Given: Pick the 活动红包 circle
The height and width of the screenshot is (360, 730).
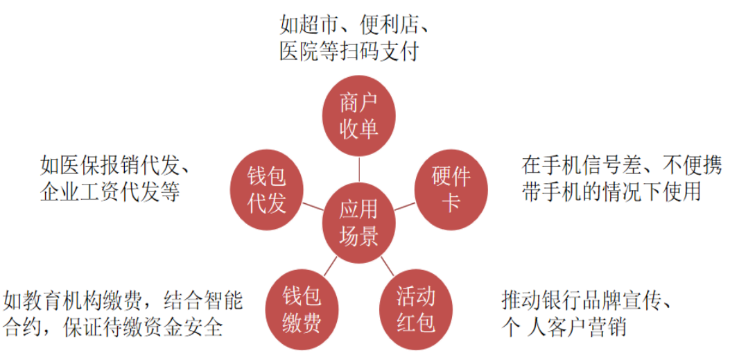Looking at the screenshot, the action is pos(416,309).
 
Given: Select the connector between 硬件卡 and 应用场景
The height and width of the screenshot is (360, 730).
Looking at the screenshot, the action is pos(405,207).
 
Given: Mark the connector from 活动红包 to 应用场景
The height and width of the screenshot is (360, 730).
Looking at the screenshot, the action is pos(388,266).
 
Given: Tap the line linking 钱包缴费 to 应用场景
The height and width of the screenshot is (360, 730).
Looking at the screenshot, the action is pos(330,266).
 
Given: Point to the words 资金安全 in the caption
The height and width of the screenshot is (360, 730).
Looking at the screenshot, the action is pos(180,328).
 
